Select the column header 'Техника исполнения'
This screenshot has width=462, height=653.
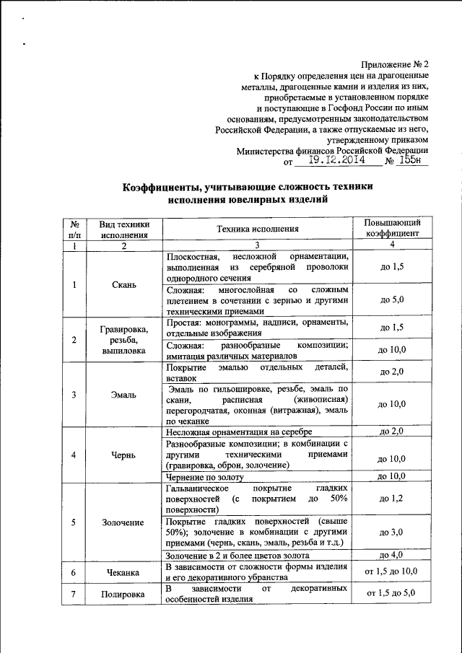click(258, 229)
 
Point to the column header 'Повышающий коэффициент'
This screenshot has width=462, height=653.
click(392, 229)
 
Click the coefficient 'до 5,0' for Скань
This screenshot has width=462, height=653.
click(392, 299)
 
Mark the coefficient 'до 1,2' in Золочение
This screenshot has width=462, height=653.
click(392, 499)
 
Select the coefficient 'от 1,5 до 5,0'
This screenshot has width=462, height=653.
click(392, 595)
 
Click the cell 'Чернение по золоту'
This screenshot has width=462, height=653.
click(206, 477)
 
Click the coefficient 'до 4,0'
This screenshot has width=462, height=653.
click(392, 555)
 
